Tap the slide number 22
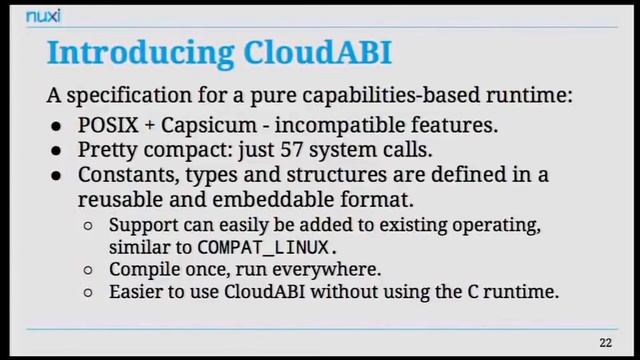(x=605, y=343)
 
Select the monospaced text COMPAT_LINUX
(x=265, y=247)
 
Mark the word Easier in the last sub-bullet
(x=136, y=293)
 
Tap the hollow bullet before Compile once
(x=89, y=270)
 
